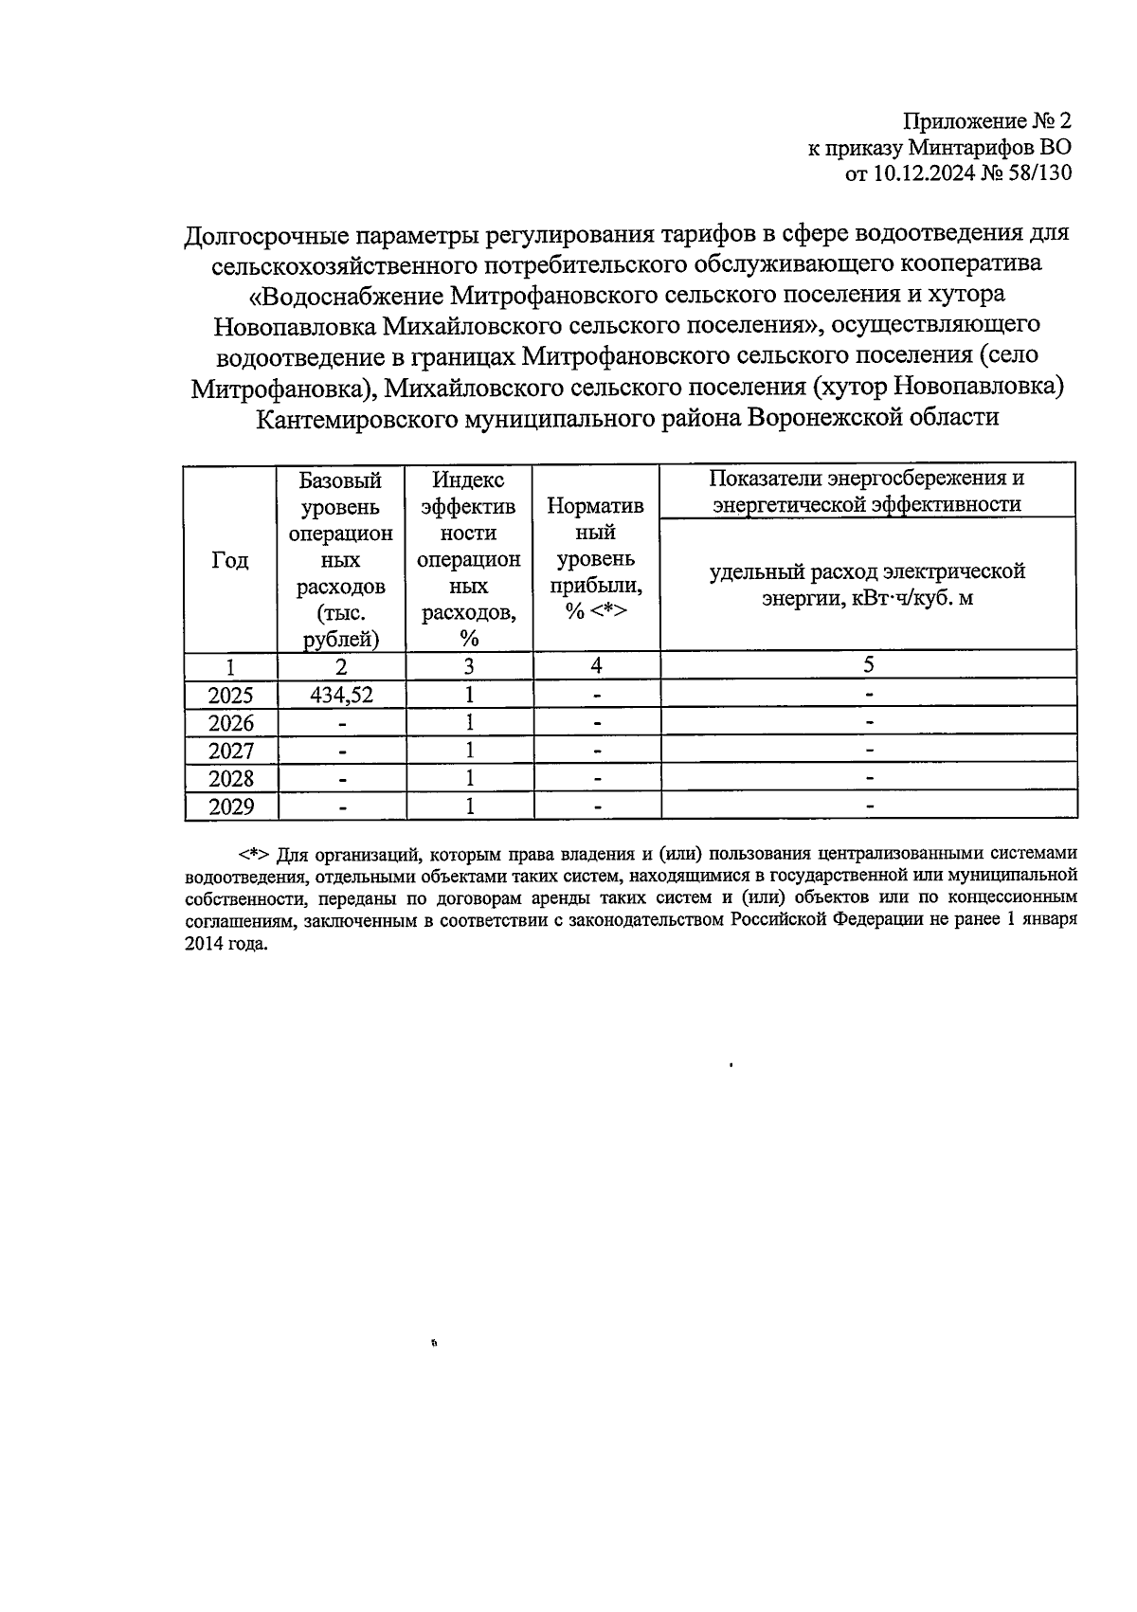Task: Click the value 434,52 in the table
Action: coord(341,696)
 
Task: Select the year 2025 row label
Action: coord(230,696)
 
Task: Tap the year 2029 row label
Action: coord(230,806)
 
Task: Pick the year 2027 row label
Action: coord(230,752)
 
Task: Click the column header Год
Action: coord(230,560)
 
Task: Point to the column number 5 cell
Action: coord(868,665)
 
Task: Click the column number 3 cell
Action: coord(469,665)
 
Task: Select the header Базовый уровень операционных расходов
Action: coord(341,559)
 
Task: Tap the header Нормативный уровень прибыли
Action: coord(596,559)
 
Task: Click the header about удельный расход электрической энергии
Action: coord(868,585)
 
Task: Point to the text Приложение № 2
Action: coord(985,121)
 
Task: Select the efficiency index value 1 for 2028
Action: coord(469,779)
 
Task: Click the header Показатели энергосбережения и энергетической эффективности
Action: coord(868,491)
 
